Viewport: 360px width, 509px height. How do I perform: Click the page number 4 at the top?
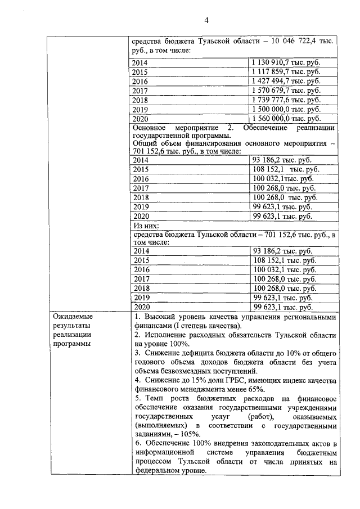pos(206,21)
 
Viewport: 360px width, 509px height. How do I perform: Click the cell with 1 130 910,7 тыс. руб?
pos(286,64)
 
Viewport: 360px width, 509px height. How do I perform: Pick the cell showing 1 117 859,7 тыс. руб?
pos(286,73)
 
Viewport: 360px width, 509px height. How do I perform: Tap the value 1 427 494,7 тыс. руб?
pos(286,82)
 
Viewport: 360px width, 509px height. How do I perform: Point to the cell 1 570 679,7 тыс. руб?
pos(286,91)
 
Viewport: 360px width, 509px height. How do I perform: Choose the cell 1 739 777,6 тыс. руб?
pos(286,100)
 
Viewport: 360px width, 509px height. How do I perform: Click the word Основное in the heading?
pos(150,128)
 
